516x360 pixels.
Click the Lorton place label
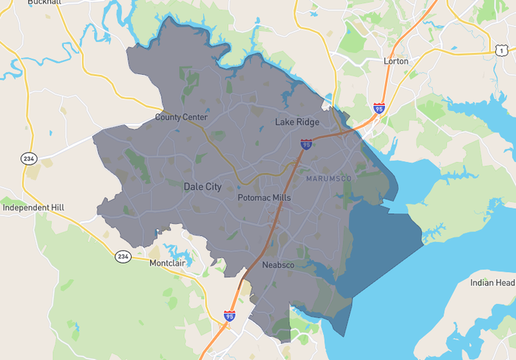click(396, 61)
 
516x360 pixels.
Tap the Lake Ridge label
click(297, 122)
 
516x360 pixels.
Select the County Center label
click(181, 117)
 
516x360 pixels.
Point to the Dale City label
click(203, 186)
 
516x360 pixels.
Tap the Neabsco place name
click(278, 266)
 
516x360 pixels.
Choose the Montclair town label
click(168, 264)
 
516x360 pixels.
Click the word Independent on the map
click(27, 207)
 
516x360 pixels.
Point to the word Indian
click(482, 283)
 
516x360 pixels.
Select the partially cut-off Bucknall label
click(45, 3)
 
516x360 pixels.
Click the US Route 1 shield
click(500, 49)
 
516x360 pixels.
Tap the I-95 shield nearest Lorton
click(379, 109)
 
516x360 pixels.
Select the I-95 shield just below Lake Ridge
click(307, 145)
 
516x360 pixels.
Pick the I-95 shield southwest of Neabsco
click(229, 315)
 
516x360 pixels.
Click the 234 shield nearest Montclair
click(123, 256)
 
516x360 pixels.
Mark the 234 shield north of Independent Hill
click(29, 159)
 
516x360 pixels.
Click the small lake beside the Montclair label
click(176, 250)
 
